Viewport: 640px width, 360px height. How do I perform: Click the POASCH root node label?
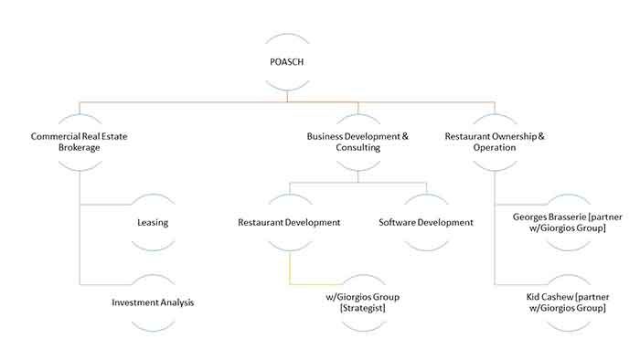pyautogui.click(x=288, y=63)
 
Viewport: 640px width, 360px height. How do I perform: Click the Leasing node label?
pyautogui.click(x=154, y=222)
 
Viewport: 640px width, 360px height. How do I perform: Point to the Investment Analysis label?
pyautogui.click(x=154, y=302)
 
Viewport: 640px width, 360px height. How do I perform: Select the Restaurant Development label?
pyautogui.click(x=289, y=222)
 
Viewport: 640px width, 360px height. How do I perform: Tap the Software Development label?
pyautogui.click(x=426, y=222)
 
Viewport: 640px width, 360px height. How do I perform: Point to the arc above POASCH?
pyautogui.click(x=288, y=37)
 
